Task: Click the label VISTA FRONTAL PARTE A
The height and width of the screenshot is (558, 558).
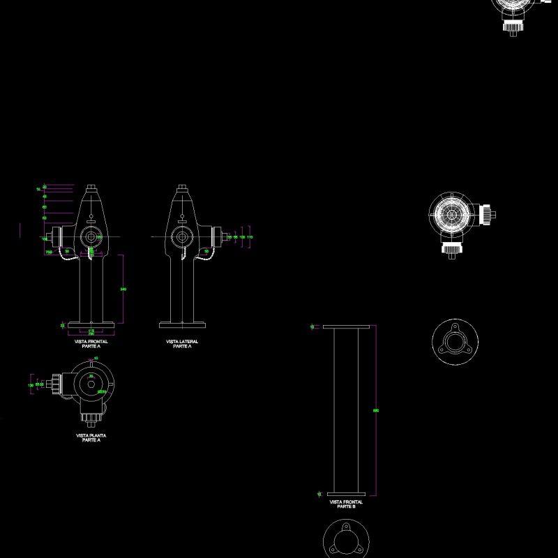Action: [91, 343]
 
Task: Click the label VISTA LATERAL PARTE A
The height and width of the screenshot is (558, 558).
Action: [182, 343]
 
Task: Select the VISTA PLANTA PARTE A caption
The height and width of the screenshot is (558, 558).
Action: [91, 437]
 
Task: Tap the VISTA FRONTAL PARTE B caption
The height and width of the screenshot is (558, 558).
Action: [346, 504]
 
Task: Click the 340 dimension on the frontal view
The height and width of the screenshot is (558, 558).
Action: [123, 289]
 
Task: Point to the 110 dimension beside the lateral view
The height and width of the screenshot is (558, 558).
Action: [250, 237]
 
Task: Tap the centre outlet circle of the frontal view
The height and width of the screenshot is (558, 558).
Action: [91, 236]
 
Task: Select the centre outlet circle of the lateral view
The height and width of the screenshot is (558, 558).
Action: [182, 236]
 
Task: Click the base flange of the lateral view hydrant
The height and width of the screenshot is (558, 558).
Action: [182, 324]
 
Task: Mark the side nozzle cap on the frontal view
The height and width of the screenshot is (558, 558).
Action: [51, 237]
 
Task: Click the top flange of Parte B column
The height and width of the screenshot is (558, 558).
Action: [346, 326]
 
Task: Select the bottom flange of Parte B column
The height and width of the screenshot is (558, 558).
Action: [346, 492]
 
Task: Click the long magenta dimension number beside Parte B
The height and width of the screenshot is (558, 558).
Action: [377, 410]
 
